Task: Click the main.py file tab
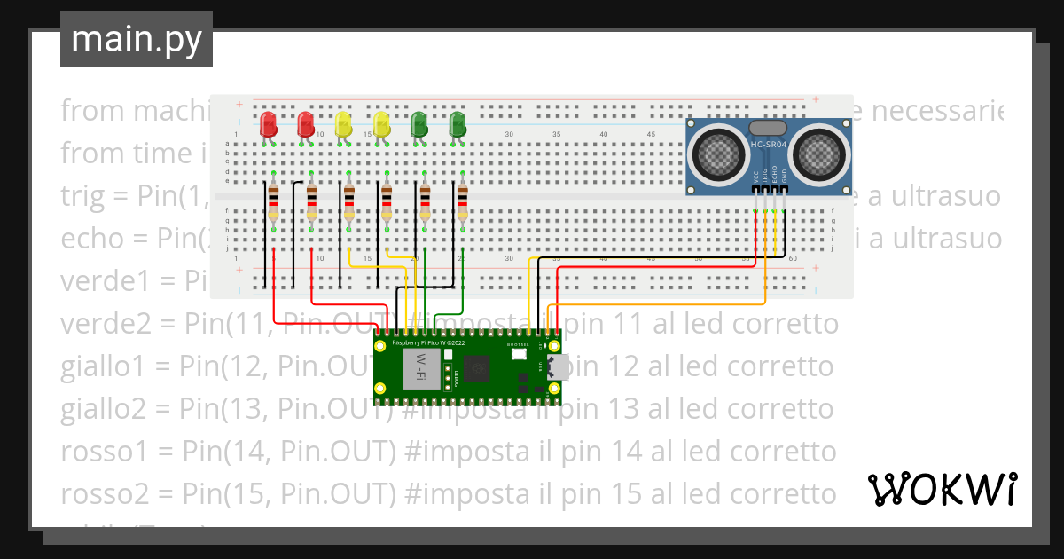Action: click(x=136, y=39)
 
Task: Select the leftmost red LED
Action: click(x=267, y=124)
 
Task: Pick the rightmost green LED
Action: click(x=458, y=124)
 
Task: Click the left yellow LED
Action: click(x=344, y=124)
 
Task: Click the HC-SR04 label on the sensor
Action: click(x=769, y=145)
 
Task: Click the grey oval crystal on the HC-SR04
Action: click(x=769, y=128)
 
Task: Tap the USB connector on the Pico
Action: click(x=558, y=366)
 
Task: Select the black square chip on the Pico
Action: click(x=480, y=367)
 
